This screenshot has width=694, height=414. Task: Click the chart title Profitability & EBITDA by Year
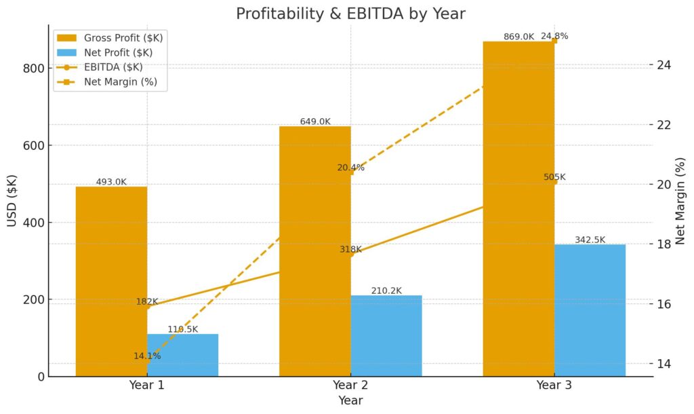(x=350, y=14)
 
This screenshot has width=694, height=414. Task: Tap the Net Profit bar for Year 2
(x=386, y=336)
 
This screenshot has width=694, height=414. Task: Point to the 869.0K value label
(x=519, y=37)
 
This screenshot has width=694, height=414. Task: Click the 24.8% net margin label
(x=554, y=36)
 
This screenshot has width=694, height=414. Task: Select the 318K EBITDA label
(x=351, y=249)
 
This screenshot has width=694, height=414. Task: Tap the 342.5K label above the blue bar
(x=590, y=240)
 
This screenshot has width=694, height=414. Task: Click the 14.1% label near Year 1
(x=147, y=356)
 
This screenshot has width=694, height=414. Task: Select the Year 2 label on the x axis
(x=350, y=385)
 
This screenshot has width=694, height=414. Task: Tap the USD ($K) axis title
(x=12, y=200)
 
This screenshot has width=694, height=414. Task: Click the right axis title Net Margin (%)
(x=680, y=200)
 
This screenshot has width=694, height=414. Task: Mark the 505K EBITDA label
(x=554, y=177)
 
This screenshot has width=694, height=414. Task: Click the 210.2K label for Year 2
(x=386, y=290)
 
